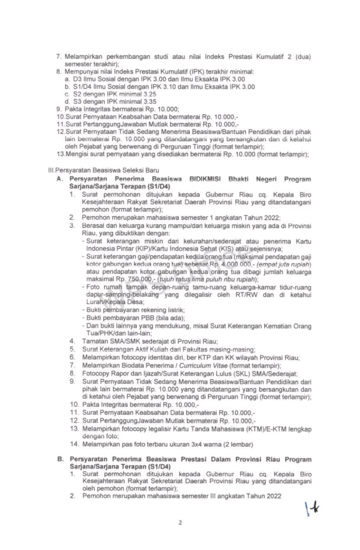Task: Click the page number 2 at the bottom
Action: pos(180,522)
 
